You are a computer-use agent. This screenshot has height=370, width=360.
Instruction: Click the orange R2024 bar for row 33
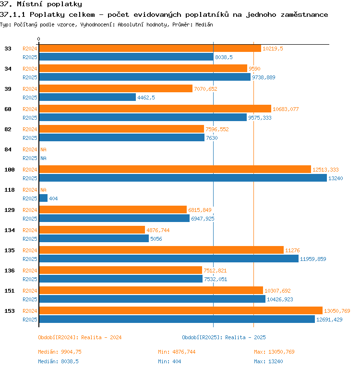150,49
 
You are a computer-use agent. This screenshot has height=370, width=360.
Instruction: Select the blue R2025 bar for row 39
87,97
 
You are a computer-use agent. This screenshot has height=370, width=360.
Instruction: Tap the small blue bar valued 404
43,198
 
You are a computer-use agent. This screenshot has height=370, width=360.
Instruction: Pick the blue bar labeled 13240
183,178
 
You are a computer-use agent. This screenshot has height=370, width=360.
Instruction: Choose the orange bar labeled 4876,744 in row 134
92,230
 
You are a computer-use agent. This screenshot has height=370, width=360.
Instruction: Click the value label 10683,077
286,109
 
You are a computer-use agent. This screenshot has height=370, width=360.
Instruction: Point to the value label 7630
212,138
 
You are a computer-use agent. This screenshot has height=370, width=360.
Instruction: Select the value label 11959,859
313,259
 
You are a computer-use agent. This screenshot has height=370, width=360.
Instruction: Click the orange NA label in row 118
43,190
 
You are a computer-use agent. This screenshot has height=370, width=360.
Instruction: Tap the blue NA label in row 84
43,158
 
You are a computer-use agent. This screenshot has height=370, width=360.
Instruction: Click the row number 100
10,170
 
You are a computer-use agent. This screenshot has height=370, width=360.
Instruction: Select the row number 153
10,311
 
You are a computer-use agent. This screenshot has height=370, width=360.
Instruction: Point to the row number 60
8,109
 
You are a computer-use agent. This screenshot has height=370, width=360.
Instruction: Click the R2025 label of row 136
30,279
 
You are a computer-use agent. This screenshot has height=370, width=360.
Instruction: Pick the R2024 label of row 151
30,291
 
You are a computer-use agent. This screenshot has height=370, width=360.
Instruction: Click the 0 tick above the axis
39,39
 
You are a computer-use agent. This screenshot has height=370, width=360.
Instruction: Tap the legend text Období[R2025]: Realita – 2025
224,337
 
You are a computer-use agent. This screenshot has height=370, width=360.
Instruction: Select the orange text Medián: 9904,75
60,352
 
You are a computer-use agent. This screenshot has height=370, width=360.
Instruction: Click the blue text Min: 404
169,361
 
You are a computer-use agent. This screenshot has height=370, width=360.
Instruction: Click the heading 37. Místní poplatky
41,4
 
